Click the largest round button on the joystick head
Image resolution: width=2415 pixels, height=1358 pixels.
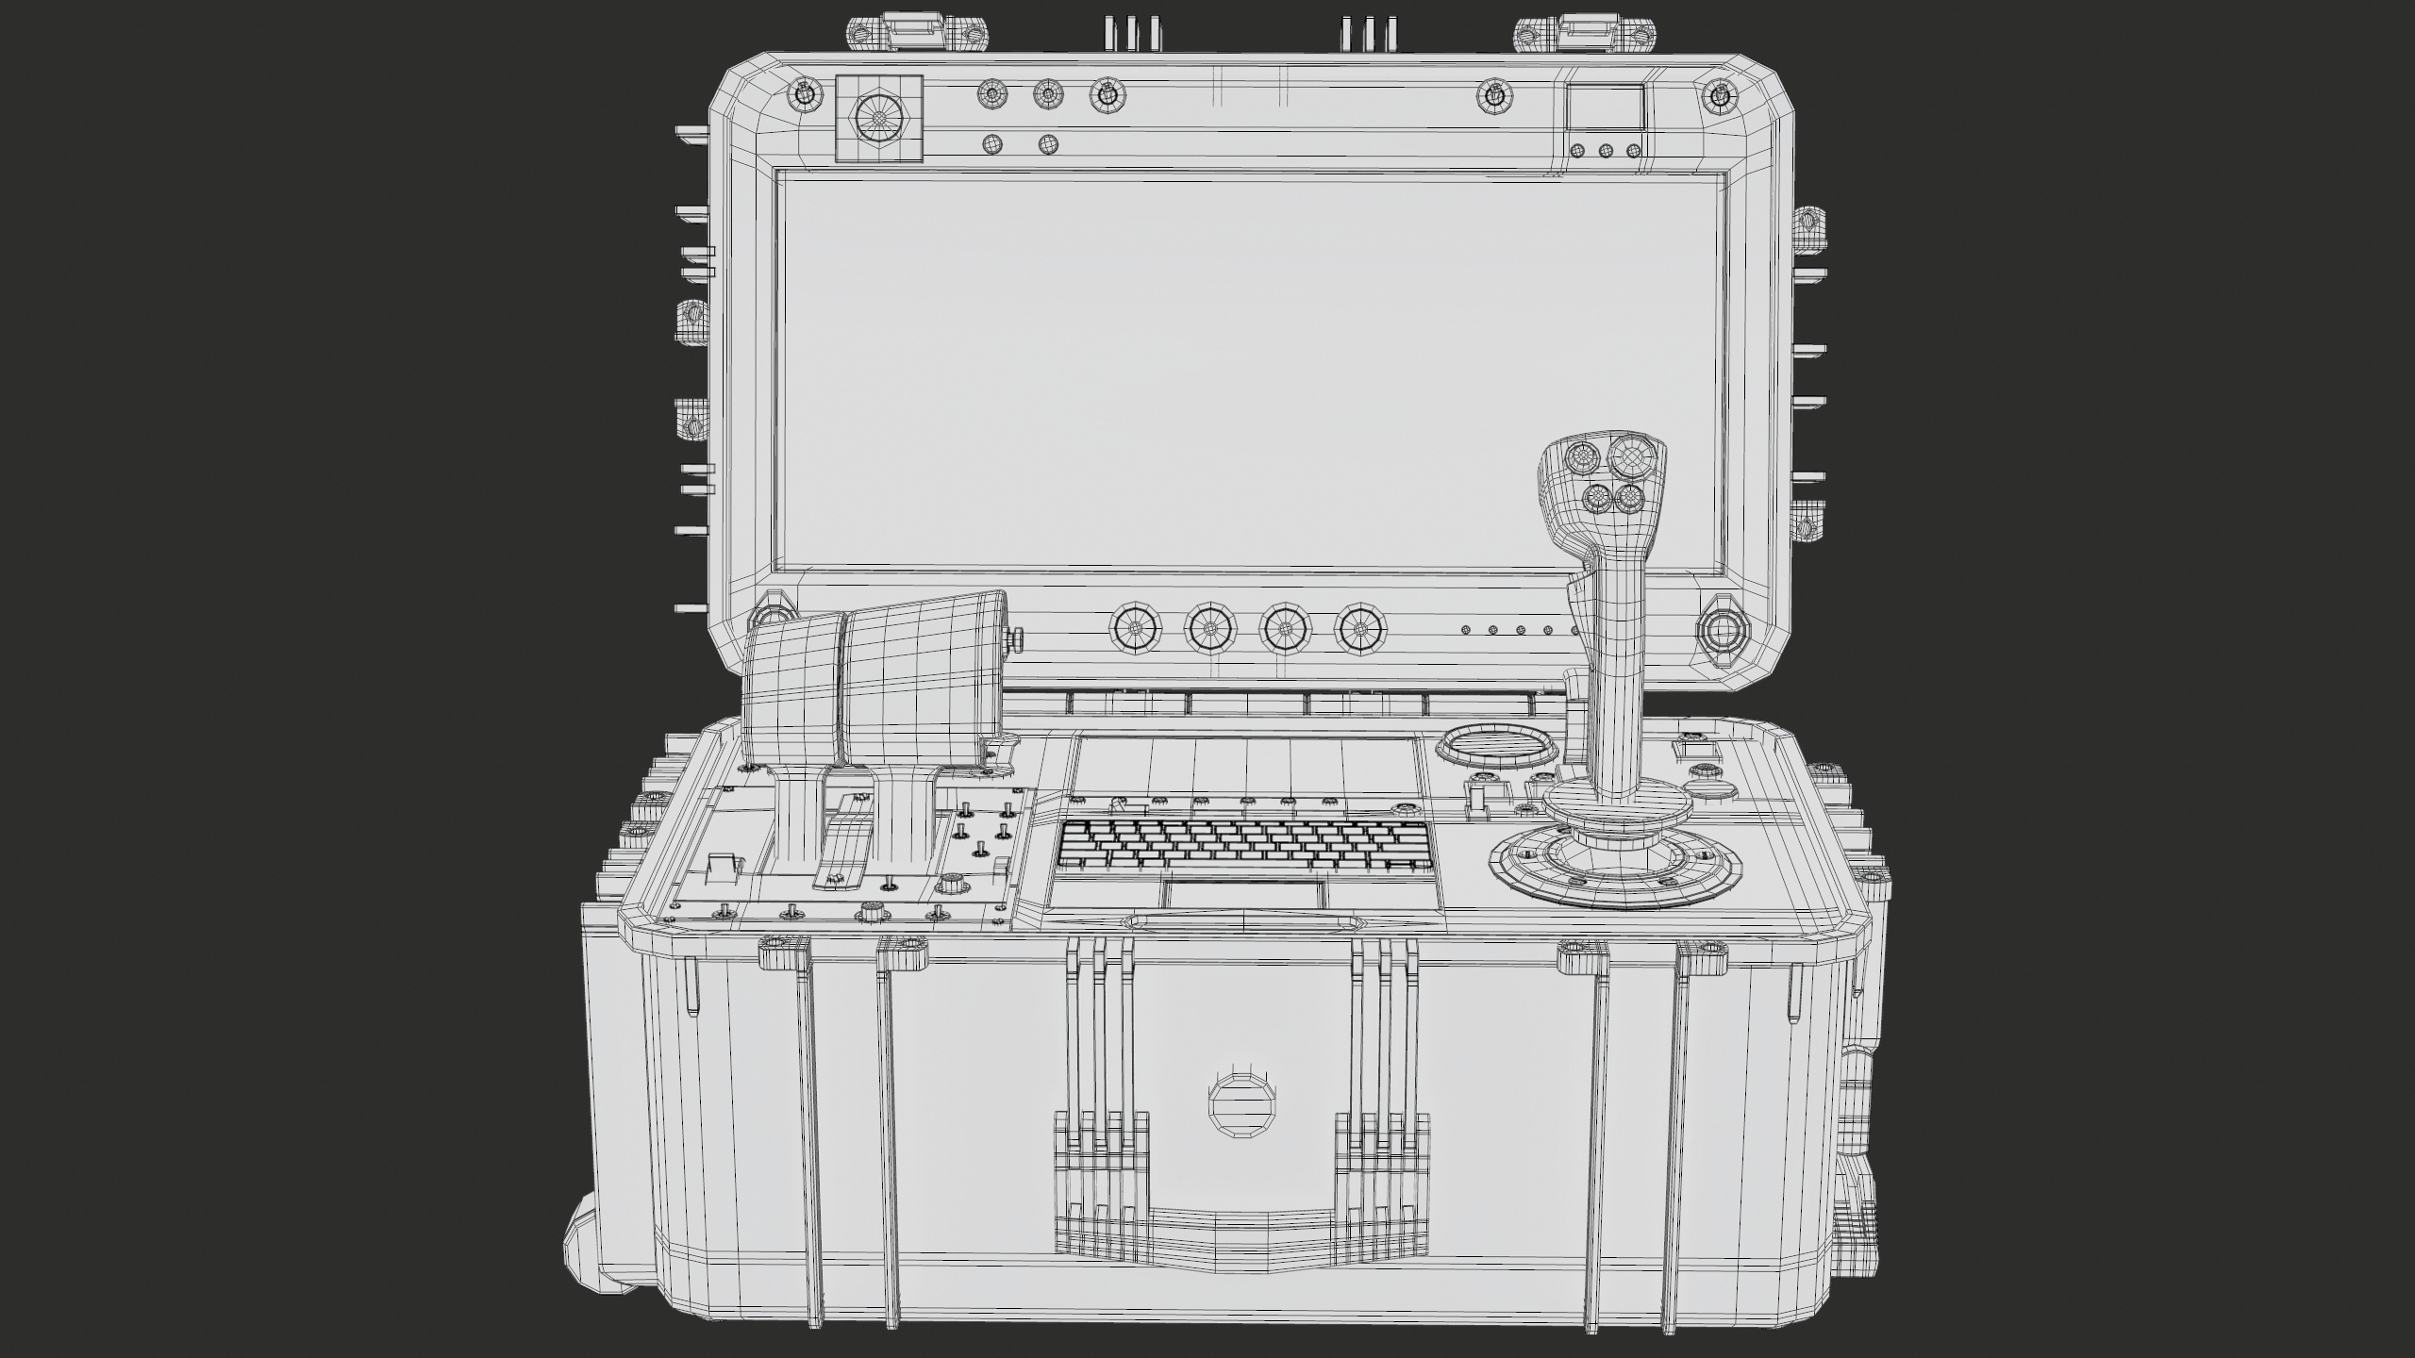tap(1630, 456)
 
